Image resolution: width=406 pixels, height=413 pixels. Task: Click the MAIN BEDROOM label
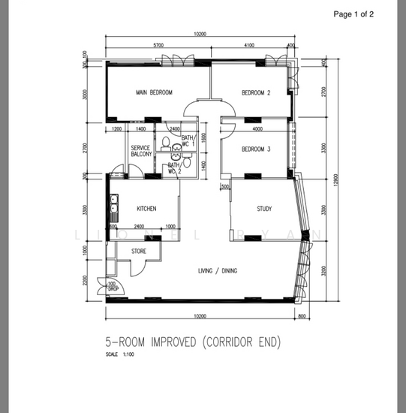[154, 92]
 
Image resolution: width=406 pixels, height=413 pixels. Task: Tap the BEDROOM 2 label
[255, 92]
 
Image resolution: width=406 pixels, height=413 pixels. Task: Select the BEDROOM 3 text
[255, 149]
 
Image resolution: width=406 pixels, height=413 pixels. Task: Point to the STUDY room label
[263, 209]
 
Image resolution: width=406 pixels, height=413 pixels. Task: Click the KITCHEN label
[146, 209]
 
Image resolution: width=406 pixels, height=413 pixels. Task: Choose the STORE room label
[139, 251]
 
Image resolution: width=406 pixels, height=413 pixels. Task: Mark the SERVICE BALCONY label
[142, 150]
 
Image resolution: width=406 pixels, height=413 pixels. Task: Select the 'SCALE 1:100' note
[118, 354]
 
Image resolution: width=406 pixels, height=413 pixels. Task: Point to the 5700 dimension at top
[158, 46]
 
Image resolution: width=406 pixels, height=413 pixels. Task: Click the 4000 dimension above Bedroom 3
[257, 129]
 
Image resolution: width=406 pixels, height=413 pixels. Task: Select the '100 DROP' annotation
[112, 286]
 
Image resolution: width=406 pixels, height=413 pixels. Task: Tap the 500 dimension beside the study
[224, 187]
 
